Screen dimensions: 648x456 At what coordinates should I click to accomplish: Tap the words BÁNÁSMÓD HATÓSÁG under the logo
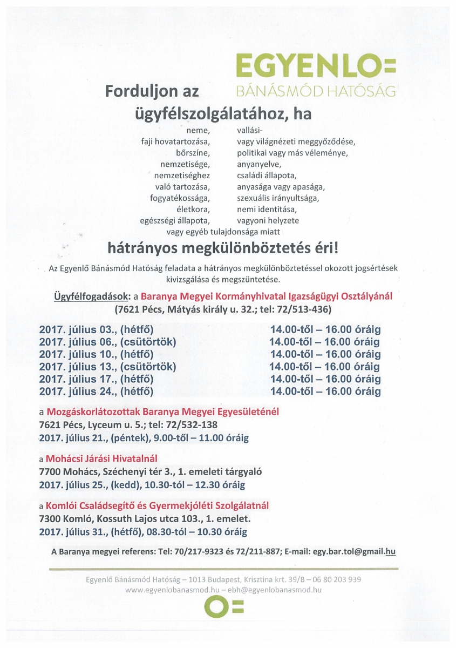(316, 91)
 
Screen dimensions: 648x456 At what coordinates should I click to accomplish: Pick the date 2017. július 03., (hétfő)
(96, 329)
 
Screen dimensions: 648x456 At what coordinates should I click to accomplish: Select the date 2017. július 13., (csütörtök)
(107, 367)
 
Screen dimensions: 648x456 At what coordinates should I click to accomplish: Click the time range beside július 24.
(325, 391)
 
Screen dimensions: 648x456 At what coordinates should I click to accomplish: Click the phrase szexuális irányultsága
(277, 198)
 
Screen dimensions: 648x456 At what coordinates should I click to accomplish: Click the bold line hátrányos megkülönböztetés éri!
(224, 249)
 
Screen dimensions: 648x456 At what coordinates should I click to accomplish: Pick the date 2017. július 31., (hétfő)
(96, 532)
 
